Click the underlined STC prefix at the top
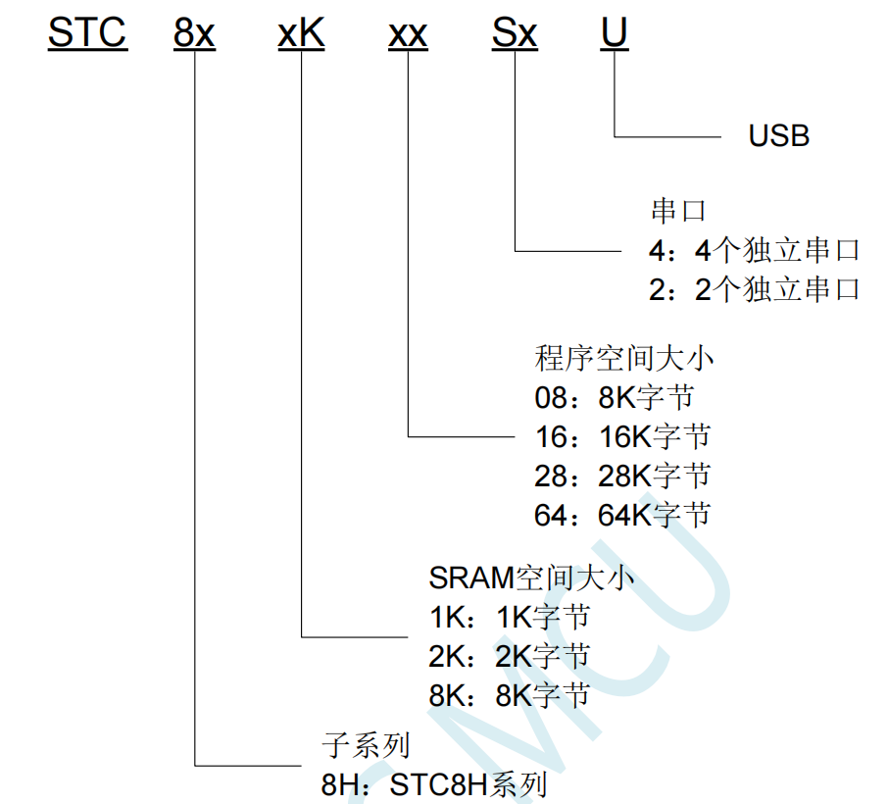pos(87,33)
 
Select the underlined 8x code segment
pos(194,33)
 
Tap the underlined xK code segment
pos(301,33)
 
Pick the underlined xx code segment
pos(408,33)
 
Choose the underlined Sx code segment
pos(515,33)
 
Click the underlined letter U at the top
pos(615,33)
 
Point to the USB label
pos(779,135)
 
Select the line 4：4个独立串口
pos(754,251)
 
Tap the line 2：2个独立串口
pos(754,290)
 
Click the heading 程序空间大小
pos(624,358)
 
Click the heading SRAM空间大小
pos(531,578)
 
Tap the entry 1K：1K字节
pos(510,617)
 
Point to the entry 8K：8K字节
pos(510,696)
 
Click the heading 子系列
pos(366,745)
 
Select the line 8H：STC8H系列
pos(433,785)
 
